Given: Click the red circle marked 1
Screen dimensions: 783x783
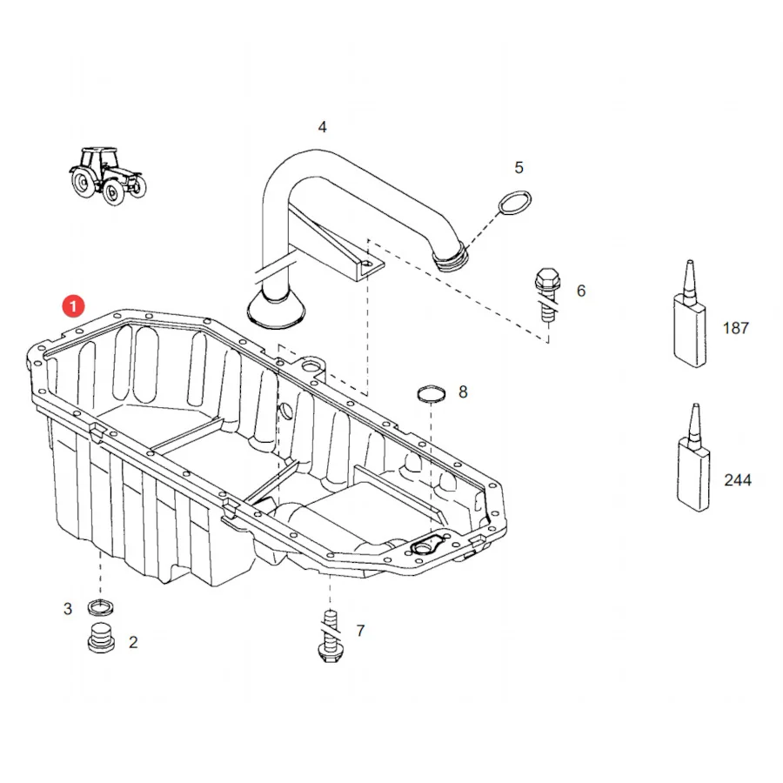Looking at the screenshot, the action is click(x=73, y=305).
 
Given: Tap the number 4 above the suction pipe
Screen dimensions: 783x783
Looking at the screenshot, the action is click(x=323, y=127).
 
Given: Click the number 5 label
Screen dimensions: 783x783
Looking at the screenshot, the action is click(x=519, y=167).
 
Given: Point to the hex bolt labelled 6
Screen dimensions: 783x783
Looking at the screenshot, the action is click(x=548, y=294).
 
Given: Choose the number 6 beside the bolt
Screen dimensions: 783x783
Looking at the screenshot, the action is click(x=581, y=291).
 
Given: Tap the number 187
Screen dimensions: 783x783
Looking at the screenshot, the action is click(x=735, y=328).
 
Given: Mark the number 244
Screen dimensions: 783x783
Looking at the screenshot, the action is click(x=738, y=480).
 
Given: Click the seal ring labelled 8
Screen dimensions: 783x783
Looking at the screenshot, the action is click(x=431, y=393).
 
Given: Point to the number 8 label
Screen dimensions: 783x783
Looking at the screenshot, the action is click(x=463, y=392).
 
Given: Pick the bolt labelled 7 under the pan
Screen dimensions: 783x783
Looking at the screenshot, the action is click(x=330, y=636).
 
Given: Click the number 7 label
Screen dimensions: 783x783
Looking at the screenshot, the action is click(x=360, y=631).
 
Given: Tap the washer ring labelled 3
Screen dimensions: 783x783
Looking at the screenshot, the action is click(x=100, y=607).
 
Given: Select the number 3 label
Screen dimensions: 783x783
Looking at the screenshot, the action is click(x=68, y=609).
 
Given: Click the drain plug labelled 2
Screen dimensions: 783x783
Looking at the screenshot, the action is click(x=102, y=638).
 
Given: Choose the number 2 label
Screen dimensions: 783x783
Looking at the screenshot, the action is click(x=133, y=642).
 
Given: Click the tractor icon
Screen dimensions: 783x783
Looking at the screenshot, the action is click(x=107, y=175).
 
